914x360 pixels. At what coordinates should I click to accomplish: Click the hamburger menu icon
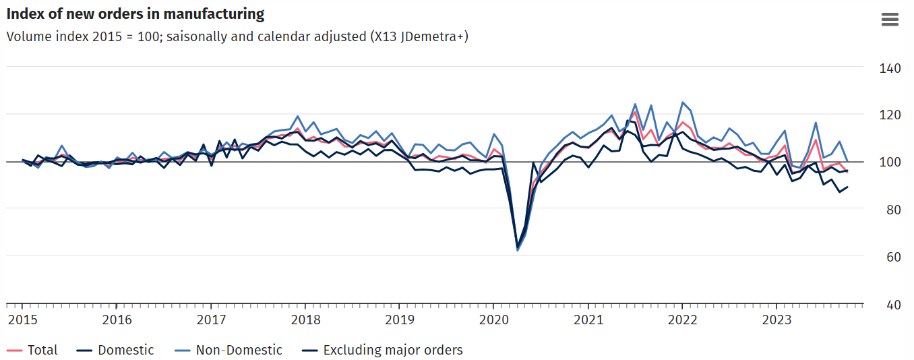coord(890,20)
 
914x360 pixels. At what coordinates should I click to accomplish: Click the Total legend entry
coord(42,350)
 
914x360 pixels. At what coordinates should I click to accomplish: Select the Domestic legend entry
coord(125,350)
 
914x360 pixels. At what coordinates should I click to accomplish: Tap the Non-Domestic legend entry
coord(239,350)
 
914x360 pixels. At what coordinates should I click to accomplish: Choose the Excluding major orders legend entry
coord(392,350)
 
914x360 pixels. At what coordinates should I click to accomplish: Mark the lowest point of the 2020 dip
coord(518,250)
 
